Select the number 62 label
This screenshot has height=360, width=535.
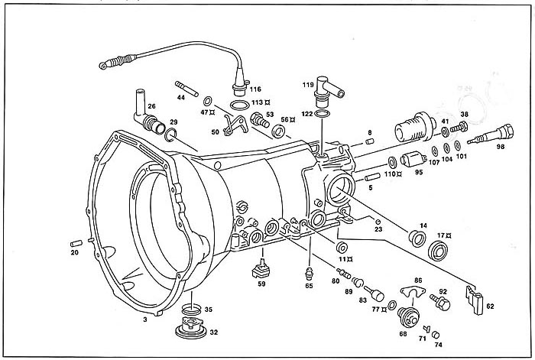tap(490, 306)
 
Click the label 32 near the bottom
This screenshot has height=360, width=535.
tap(214, 332)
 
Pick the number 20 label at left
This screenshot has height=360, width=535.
tap(75, 252)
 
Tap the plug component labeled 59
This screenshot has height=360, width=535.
tap(262, 269)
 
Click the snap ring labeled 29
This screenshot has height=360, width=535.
tap(172, 135)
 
